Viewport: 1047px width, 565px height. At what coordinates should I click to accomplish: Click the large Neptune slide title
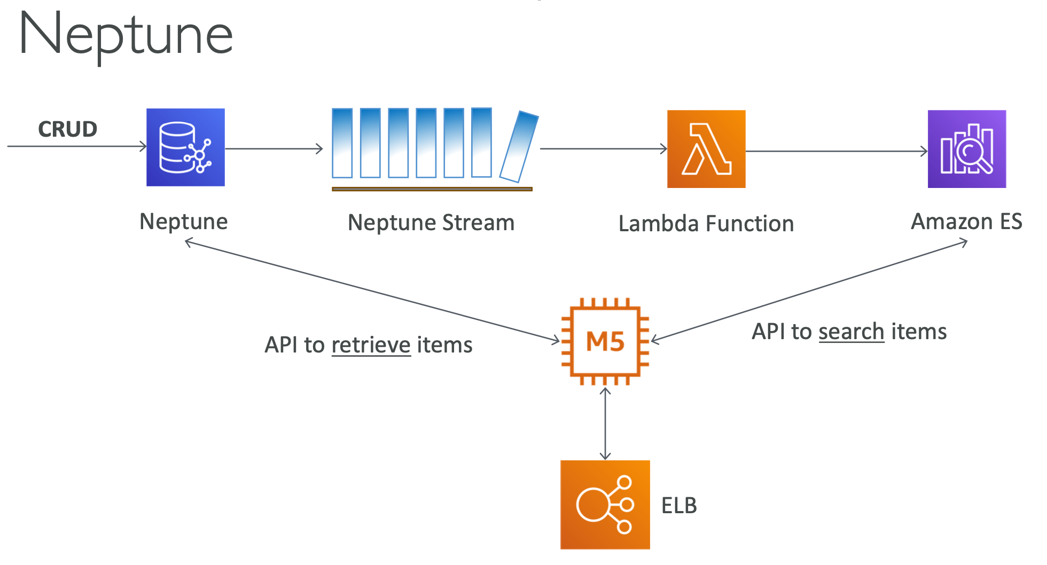point(126,36)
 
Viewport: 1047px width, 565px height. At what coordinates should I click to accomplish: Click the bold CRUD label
point(68,129)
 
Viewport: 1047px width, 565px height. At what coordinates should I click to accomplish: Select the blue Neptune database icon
point(185,147)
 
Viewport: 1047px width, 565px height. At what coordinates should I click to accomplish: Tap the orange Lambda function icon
point(706,149)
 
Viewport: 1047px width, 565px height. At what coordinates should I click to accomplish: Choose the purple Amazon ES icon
point(967,149)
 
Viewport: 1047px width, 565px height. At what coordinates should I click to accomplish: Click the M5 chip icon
point(605,342)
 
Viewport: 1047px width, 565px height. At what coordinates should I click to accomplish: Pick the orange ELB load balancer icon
point(605,505)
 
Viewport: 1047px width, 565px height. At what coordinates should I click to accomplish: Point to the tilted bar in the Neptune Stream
point(519,147)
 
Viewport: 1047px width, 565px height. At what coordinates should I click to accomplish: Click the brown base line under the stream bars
point(432,189)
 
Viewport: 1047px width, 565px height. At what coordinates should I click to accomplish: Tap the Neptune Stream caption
point(431,223)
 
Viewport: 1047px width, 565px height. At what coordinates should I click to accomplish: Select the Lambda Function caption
point(706,224)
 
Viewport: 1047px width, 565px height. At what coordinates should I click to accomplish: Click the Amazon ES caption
point(966,222)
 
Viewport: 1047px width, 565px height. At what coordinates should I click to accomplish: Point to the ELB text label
point(679,505)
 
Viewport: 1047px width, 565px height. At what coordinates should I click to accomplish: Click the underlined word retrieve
point(371,345)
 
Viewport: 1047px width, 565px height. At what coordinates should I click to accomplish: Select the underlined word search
point(851,332)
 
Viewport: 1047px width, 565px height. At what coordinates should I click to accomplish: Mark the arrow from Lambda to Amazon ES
point(837,151)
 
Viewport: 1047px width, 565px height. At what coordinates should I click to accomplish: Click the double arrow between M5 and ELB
point(605,423)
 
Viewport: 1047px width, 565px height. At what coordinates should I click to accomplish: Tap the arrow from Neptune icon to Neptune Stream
point(274,148)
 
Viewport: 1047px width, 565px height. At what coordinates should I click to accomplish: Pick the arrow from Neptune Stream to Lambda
point(604,148)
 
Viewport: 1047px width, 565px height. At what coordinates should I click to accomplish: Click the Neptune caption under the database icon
point(184,222)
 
